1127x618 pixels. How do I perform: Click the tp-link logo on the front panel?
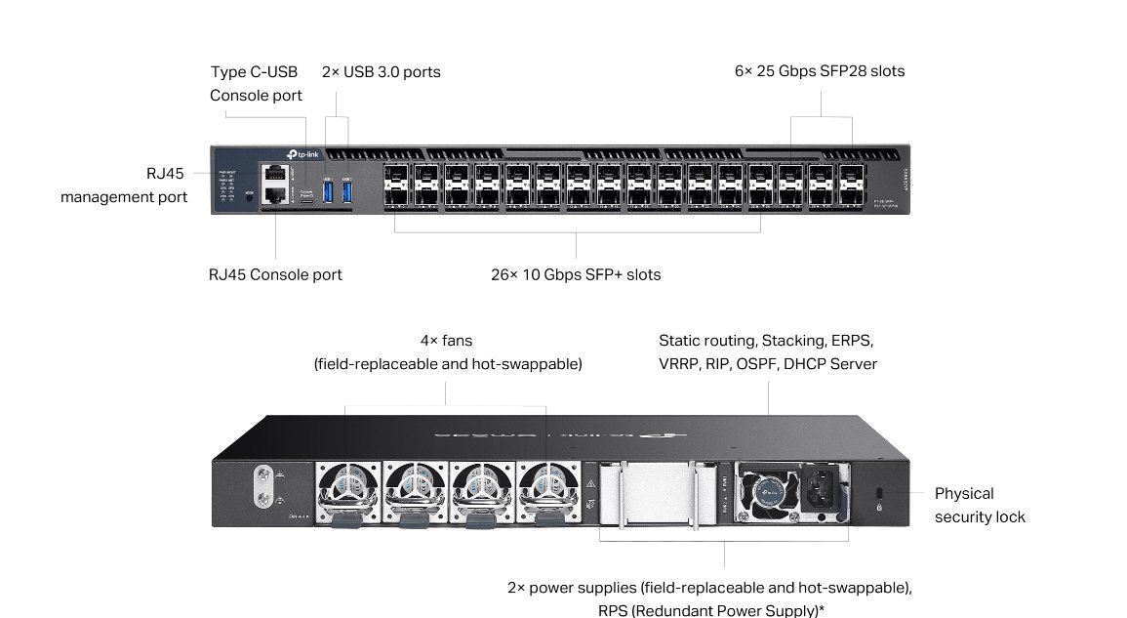tap(303, 155)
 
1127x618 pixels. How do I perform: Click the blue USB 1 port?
tap(328, 192)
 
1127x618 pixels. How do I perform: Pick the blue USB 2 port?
tap(346, 192)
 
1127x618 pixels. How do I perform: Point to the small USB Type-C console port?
tap(306, 199)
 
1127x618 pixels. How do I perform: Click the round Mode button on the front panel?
tap(249, 195)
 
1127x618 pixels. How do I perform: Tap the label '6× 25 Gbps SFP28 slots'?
tap(820, 71)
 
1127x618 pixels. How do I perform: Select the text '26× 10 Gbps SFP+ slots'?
tap(576, 274)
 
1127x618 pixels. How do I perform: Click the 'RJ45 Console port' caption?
tap(275, 274)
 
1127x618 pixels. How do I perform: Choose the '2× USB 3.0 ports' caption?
tap(381, 71)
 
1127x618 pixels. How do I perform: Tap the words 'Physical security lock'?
tap(979, 505)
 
